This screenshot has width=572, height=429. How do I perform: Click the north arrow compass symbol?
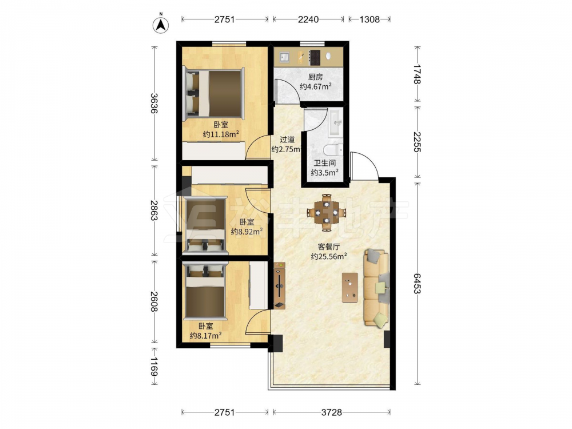161,25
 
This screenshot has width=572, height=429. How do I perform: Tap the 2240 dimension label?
308,19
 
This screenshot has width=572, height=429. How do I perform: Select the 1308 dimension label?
369,19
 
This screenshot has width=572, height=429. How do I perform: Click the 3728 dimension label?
332,412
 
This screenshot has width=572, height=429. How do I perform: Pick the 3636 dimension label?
154,103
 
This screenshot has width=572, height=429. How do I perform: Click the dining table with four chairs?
327,213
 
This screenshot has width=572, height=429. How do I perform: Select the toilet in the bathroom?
333,149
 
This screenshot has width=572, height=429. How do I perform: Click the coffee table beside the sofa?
350,288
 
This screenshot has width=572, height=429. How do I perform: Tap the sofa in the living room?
376,288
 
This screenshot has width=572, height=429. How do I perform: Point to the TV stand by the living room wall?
280,285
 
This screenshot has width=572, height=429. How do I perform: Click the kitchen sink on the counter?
284,57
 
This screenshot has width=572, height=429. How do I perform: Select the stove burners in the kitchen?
315,57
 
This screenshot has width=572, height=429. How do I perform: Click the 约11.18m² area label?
221,134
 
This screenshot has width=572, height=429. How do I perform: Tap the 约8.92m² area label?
247,232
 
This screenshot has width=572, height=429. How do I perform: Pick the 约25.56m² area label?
329,256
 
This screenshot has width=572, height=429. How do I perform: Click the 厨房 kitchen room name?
316,77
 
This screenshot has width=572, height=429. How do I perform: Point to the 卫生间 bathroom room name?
325,163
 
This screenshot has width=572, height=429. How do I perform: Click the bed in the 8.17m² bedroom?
205,291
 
